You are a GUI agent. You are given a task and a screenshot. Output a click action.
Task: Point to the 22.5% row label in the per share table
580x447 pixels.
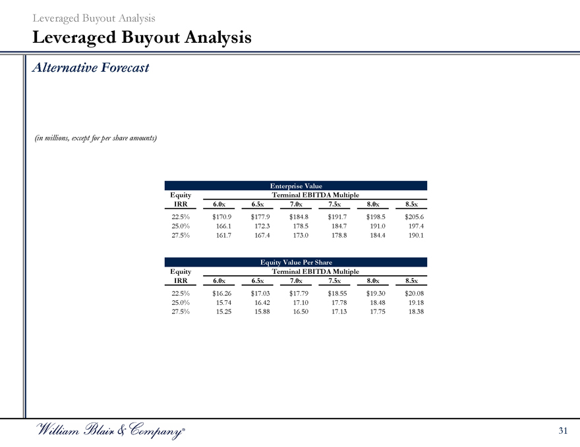click(x=180, y=293)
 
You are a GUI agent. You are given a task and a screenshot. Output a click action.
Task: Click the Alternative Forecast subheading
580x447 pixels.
click(x=91, y=68)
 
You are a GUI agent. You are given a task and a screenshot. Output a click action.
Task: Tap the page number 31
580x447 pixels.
click(x=562, y=431)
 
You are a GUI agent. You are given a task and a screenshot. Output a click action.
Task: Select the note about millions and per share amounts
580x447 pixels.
click(x=96, y=138)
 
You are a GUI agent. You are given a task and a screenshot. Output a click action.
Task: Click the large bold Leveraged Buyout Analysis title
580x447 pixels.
click(x=142, y=38)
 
